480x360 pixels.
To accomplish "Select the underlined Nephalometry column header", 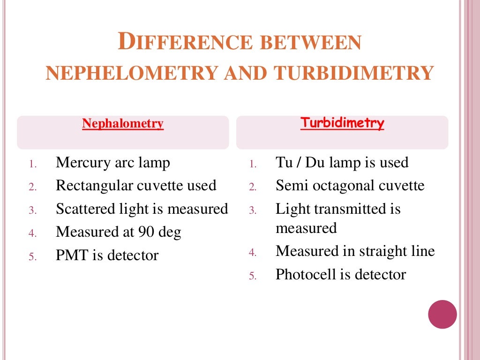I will (123, 124).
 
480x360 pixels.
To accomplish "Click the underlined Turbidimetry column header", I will (342, 123).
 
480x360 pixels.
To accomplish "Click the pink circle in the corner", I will (442, 314).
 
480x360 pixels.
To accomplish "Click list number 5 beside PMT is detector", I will (32, 256).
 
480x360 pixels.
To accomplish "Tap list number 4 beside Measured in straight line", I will (253, 253).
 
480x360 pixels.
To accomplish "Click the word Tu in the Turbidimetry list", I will (283, 163).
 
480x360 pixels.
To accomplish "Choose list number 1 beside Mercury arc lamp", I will (32, 164).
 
